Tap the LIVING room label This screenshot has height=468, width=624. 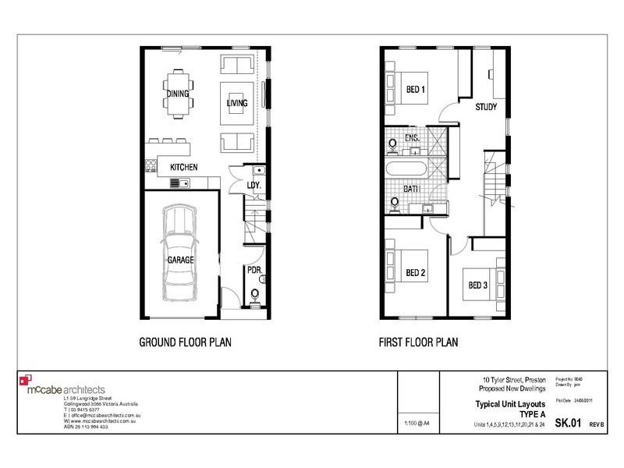(236, 102)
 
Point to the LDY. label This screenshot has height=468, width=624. (253, 185)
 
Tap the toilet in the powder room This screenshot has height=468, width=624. (254, 295)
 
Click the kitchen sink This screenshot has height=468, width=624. (179, 183)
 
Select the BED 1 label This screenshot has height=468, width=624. (415, 90)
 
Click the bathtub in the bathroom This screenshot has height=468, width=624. (408, 168)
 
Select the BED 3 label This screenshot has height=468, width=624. (477, 285)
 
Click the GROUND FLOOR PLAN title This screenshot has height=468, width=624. (184, 342)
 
